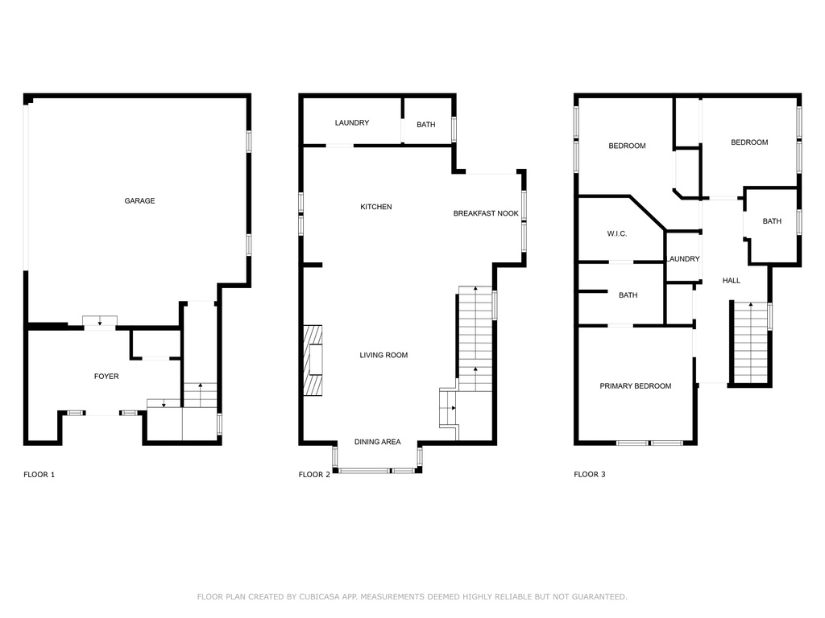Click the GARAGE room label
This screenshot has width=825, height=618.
pyautogui.click(x=139, y=200)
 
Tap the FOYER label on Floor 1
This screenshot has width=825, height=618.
pyautogui.click(x=106, y=377)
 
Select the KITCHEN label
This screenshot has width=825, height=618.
pyautogui.click(x=375, y=207)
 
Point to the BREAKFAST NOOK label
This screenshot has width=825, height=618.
pyautogui.click(x=486, y=213)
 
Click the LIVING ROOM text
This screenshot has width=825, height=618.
pyautogui.click(x=383, y=355)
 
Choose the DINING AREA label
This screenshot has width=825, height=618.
pyautogui.click(x=377, y=442)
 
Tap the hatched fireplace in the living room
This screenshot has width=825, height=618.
pyautogui.click(x=313, y=360)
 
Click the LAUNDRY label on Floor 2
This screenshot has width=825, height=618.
pyautogui.click(x=352, y=123)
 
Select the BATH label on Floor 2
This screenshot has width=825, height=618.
pyautogui.click(x=425, y=125)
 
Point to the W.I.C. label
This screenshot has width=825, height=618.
pyautogui.click(x=616, y=234)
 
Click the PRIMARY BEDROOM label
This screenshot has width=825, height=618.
pyautogui.click(x=635, y=386)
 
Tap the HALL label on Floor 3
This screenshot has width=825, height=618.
pyautogui.click(x=731, y=281)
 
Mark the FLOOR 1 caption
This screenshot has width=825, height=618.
pyautogui.click(x=39, y=475)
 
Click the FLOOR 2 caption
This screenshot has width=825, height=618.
pyautogui.click(x=314, y=475)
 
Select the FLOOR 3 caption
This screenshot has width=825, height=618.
pyautogui.click(x=589, y=475)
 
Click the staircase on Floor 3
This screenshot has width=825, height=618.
pyautogui.click(x=751, y=343)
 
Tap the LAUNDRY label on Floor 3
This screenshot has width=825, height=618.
pyautogui.click(x=683, y=259)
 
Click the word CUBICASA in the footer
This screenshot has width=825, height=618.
pyautogui.click(x=319, y=597)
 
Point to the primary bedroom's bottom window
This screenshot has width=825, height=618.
pyautogui.click(x=649, y=443)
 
